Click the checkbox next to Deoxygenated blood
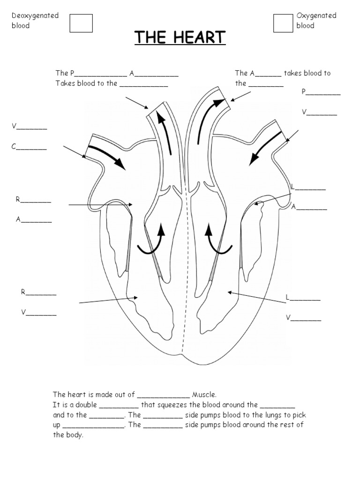coord(81,23)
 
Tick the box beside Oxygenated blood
coord(283,23)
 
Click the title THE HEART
coord(180,37)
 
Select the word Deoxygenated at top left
coord(35,15)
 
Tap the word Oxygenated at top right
coord(316,15)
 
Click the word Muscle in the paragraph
coord(204,395)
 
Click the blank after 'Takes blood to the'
coord(143,85)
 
